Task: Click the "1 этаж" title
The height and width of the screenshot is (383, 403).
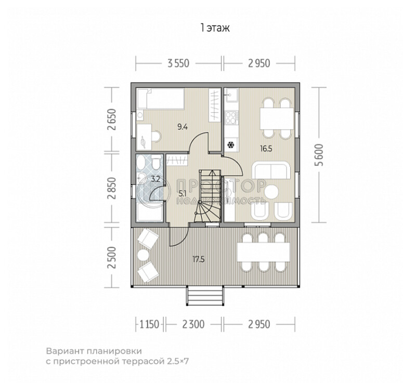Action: (215, 28)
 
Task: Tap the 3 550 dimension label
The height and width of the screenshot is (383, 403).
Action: (178, 63)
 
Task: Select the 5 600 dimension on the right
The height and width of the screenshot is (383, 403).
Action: (320, 155)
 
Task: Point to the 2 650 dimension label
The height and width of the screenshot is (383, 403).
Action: (112, 120)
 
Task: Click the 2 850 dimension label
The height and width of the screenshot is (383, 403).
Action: (112, 189)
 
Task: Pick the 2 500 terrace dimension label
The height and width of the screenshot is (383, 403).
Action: (112, 258)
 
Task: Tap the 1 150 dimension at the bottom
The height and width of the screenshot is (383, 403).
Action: (149, 324)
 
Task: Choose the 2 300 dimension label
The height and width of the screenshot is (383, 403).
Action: (193, 324)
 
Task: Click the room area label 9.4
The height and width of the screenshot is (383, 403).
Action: (183, 127)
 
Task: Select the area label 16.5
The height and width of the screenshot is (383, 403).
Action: (266, 149)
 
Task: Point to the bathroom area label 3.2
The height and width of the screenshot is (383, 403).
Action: (155, 179)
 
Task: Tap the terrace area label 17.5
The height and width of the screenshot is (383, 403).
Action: (199, 260)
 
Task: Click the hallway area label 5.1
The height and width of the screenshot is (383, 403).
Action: (182, 192)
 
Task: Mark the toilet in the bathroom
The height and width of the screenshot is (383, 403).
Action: (155, 162)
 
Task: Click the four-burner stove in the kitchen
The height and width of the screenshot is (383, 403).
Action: (231, 117)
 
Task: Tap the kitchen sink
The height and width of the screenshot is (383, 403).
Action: (232, 95)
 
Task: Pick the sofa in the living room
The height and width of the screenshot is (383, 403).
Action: (271, 170)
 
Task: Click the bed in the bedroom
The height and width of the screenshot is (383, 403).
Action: (161, 99)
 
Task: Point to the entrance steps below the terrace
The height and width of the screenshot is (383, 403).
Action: (204, 296)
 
